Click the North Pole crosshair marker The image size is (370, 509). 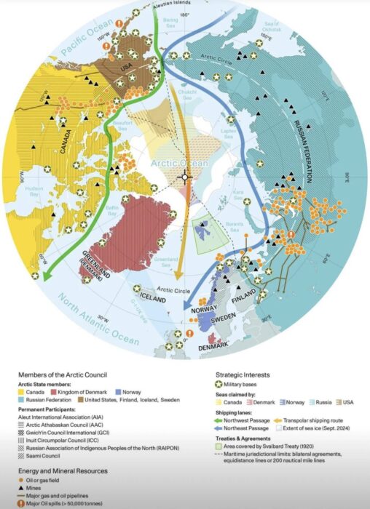pos(185,176)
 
